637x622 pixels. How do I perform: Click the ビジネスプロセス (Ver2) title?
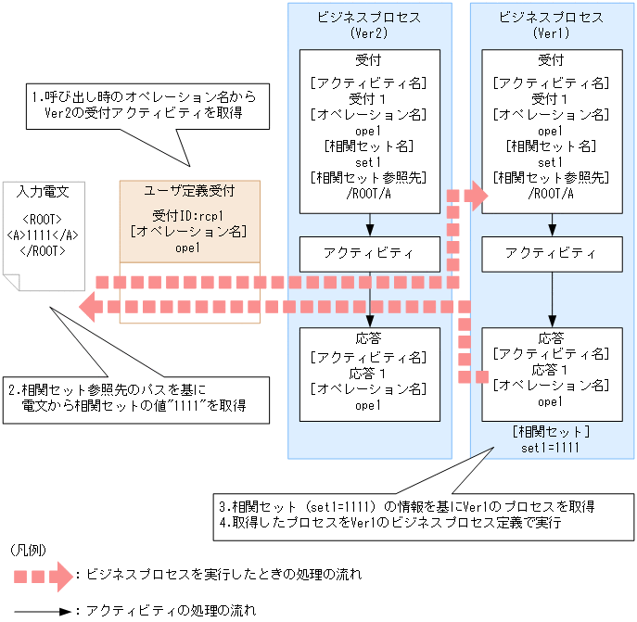(369, 25)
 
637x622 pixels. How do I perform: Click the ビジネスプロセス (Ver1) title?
(552, 25)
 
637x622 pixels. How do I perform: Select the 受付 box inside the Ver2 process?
(369, 131)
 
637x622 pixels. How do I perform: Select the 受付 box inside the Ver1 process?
(552, 131)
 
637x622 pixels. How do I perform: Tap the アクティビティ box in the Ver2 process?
(369, 253)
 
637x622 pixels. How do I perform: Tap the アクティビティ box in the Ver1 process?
(552, 253)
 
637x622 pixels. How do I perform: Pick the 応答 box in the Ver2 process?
(369, 370)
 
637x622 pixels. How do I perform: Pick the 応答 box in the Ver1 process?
(552, 370)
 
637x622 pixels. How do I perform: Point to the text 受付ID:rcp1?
(189, 216)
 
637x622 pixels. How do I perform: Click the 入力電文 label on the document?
(43, 192)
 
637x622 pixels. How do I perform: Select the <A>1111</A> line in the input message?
(43, 235)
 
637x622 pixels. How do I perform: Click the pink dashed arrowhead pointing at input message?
(89, 305)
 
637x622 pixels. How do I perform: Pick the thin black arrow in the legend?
(42, 612)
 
